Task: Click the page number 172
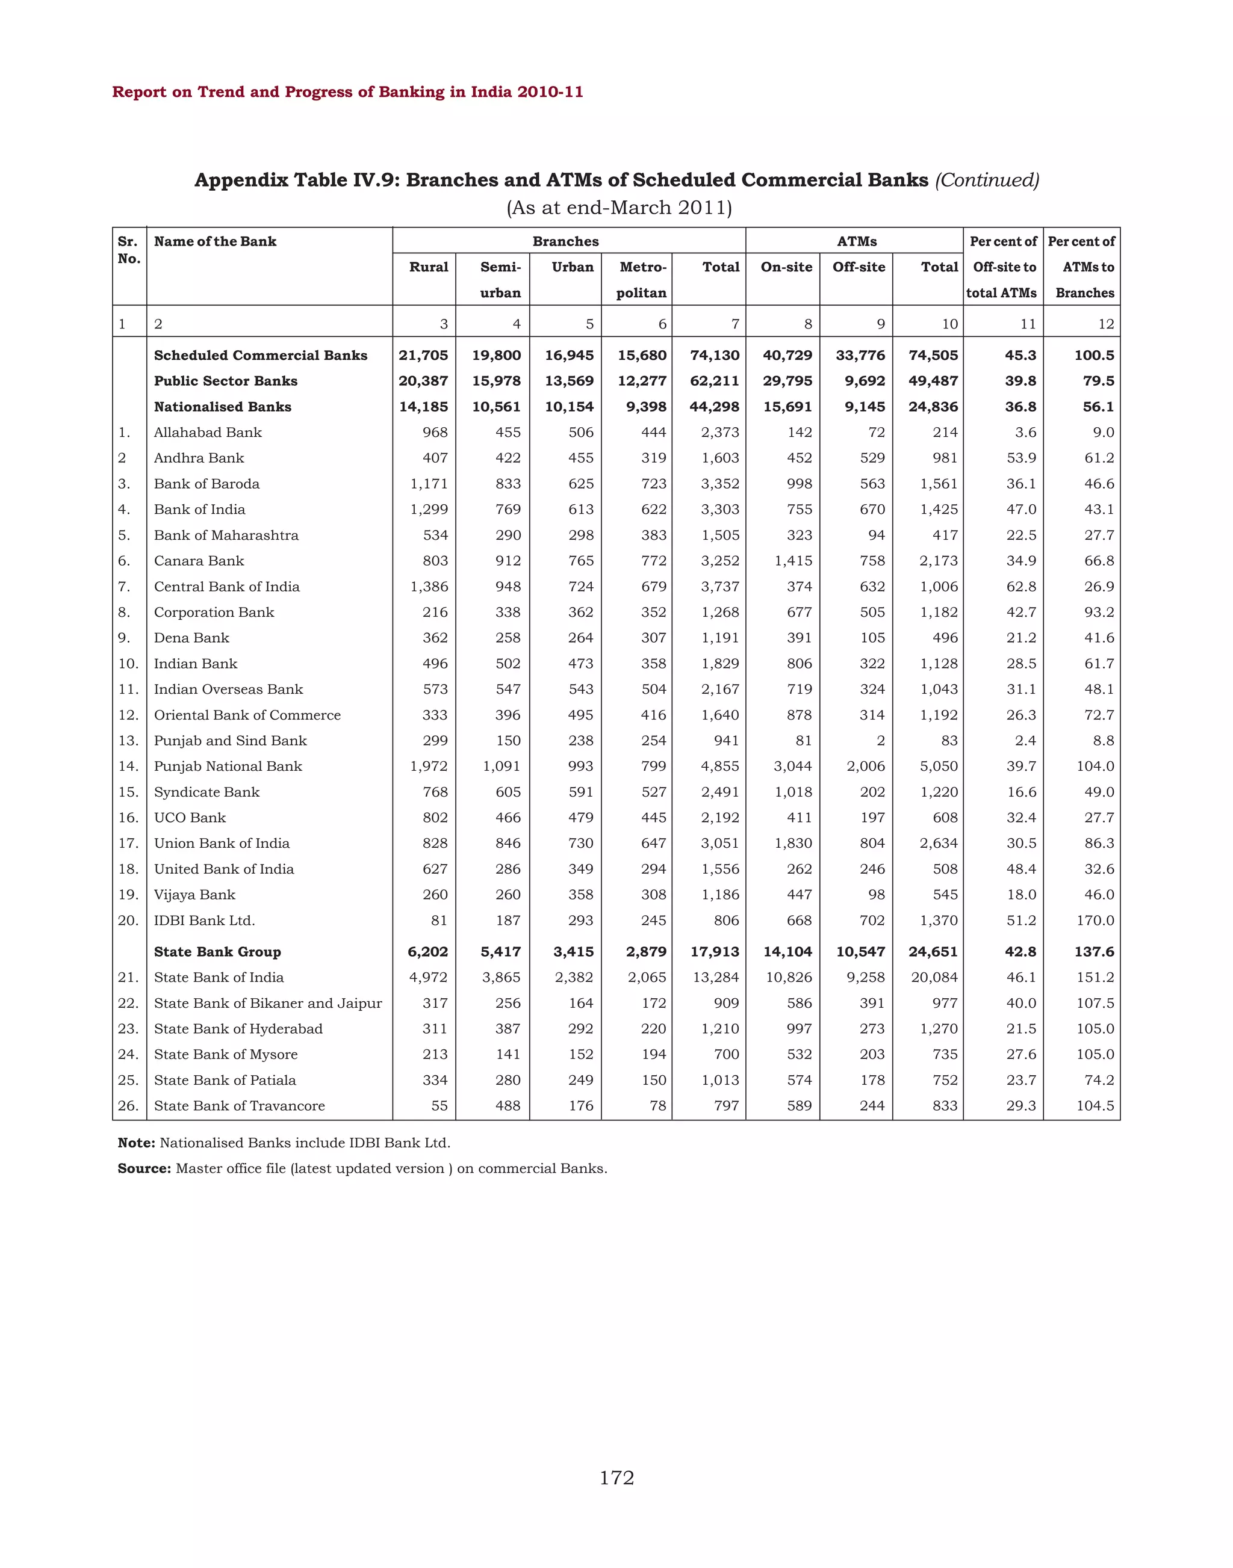tap(616, 1478)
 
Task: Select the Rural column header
tap(429, 267)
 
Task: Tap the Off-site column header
tap(859, 267)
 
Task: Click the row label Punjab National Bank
tap(228, 767)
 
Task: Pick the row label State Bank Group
tap(217, 952)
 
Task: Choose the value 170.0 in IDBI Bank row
tap(1095, 920)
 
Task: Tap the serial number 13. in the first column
tap(128, 740)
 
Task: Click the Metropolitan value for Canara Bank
tap(653, 561)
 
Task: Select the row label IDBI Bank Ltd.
tap(204, 920)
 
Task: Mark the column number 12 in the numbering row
tap(1106, 324)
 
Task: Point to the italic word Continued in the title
tap(987, 180)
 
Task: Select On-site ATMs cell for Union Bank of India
tap(794, 843)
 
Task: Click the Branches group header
tap(565, 241)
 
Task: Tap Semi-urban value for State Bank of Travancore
tap(508, 1105)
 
